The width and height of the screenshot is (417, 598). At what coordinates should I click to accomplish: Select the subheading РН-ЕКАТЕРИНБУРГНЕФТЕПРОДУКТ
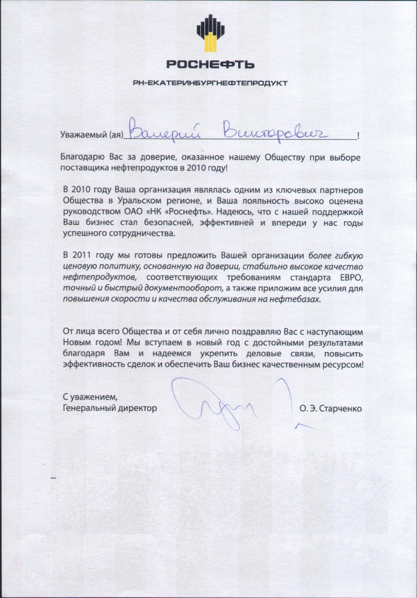(210, 83)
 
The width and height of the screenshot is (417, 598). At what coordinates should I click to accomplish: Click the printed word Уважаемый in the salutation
(84, 135)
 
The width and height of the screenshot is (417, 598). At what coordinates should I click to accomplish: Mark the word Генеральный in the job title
(87, 409)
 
